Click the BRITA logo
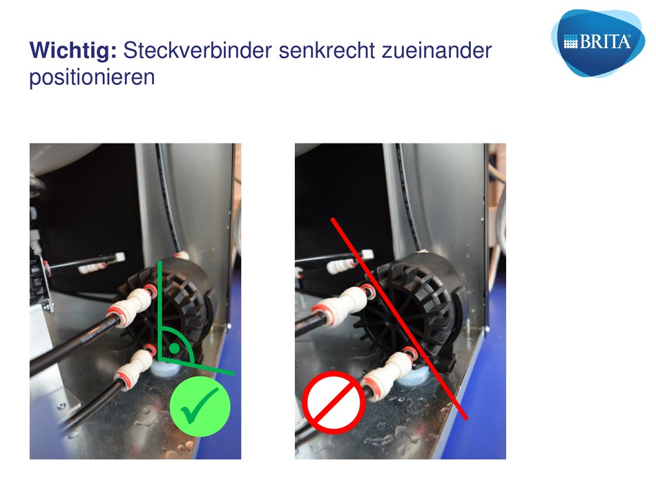click(598, 43)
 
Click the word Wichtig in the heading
click(73, 51)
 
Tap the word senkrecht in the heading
click(327, 50)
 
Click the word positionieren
click(92, 77)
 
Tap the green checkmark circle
click(200, 406)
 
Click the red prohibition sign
click(334, 402)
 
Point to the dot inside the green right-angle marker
click(175, 348)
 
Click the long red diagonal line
click(398, 318)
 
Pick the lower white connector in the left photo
click(135, 368)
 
